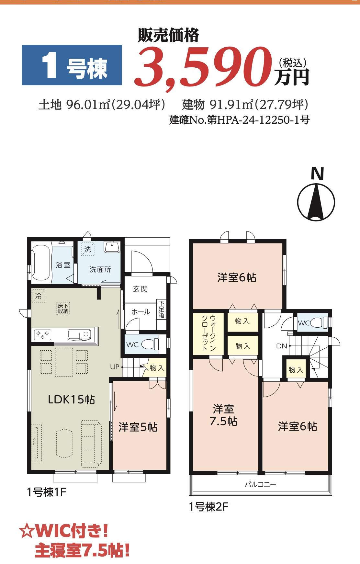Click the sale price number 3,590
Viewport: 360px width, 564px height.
point(204,67)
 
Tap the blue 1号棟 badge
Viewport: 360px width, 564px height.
point(72,65)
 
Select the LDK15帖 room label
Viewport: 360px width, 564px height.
point(71,400)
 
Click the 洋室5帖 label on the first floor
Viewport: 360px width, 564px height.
point(138,427)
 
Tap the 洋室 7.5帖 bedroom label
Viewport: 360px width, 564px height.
point(223,415)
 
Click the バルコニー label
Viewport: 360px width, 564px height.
point(260,484)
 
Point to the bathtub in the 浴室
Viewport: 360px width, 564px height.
point(41,263)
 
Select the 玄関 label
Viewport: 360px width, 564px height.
point(140,289)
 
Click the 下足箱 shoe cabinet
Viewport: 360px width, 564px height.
point(161,309)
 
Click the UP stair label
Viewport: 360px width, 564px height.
point(115,367)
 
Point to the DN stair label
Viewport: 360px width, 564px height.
point(282,346)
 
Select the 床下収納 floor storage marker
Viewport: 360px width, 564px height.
point(63,309)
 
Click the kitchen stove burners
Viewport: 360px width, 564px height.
point(43,334)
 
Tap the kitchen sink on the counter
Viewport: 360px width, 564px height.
point(79,334)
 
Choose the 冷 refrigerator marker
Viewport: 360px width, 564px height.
point(39,296)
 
